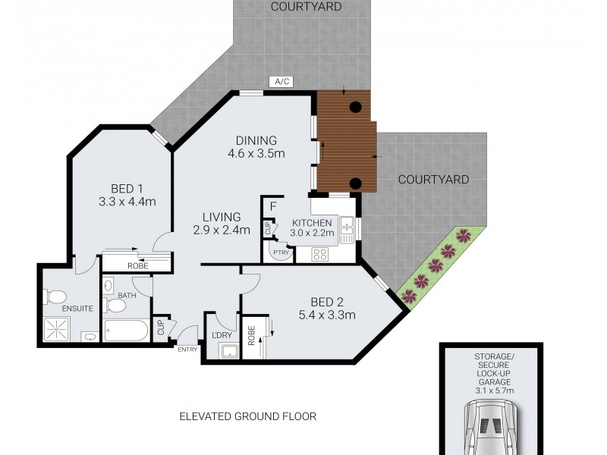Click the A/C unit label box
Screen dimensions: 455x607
[x=281, y=82]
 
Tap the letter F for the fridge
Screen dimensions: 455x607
[x=272, y=205]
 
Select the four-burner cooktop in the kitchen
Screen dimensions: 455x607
[x=320, y=255]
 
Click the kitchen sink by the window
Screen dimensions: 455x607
[x=347, y=229]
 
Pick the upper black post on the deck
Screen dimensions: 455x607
[x=354, y=108]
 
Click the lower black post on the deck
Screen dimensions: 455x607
[x=354, y=182]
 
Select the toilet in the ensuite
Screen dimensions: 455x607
[x=58, y=297]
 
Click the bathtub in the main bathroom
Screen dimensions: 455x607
[x=126, y=331]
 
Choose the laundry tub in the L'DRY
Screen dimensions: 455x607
[x=228, y=350]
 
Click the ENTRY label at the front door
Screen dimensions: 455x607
[x=187, y=350]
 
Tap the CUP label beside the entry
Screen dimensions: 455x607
[x=161, y=329]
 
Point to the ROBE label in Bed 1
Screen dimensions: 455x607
[x=137, y=266]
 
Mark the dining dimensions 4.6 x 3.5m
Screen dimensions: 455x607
[x=256, y=154]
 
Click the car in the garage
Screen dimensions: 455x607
[x=492, y=428]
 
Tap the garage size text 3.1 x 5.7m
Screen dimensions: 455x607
[x=491, y=391]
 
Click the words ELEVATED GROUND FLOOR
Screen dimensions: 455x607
[x=247, y=416]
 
